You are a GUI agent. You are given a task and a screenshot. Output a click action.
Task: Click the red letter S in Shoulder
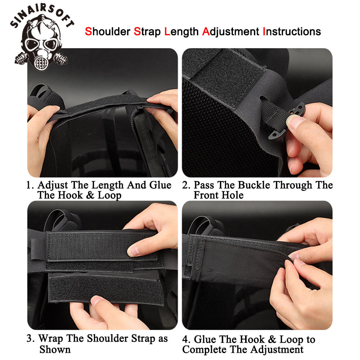point(88,32)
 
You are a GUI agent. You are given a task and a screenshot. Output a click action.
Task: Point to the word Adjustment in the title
point(230,32)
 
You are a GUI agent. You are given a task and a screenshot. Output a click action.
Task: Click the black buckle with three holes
point(295,122)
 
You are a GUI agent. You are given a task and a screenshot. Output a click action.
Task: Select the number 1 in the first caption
point(29,186)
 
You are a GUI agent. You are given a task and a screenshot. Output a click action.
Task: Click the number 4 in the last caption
point(185,339)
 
